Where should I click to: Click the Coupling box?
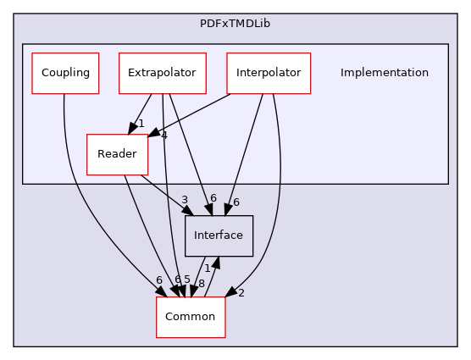[x=65, y=73]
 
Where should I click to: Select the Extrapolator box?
[x=162, y=73]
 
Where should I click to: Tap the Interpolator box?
[x=269, y=73]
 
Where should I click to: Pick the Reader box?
[x=117, y=154]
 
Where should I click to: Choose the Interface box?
[x=219, y=235]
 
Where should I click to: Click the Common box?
[x=191, y=316]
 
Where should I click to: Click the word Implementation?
[x=384, y=73]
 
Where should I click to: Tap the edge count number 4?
[x=163, y=136]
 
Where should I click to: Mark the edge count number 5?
[x=187, y=280]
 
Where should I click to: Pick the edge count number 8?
[x=201, y=284]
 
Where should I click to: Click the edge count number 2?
[x=241, y=293]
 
